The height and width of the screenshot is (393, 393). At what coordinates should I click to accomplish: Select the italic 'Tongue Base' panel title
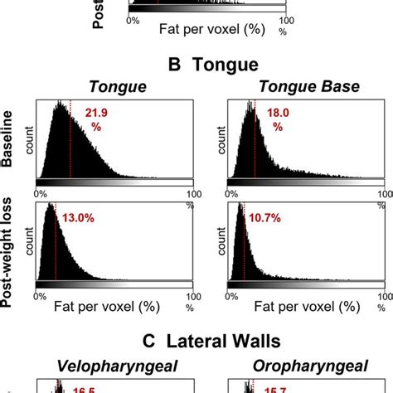tap(299, 86)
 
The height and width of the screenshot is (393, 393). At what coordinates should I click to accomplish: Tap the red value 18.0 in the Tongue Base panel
tap(278, 113)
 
